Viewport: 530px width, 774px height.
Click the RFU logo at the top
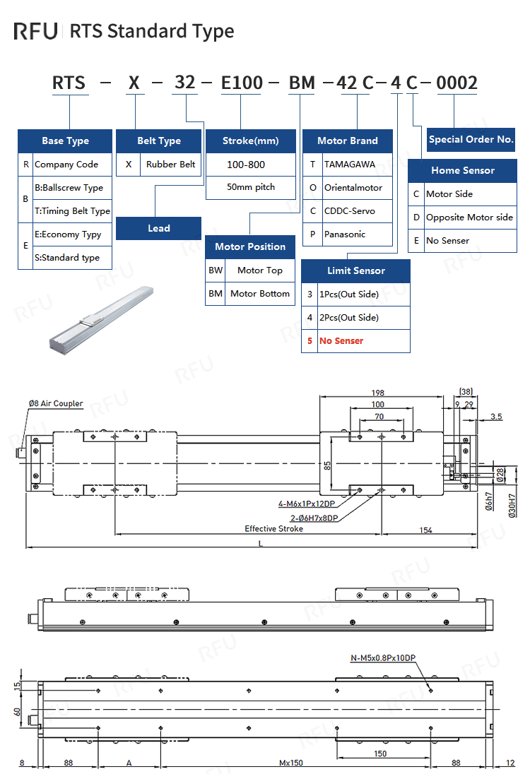point(36,31)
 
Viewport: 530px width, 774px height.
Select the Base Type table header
point(65,141)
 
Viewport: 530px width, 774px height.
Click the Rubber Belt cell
point(171,164)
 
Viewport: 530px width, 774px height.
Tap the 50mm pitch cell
point(250,187)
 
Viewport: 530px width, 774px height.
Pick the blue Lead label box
point(159,228)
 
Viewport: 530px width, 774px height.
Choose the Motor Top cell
point(259,270)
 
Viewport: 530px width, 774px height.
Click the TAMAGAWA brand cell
point(350,164)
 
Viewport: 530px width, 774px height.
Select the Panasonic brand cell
point(345,234)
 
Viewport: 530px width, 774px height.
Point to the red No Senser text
point(341,340)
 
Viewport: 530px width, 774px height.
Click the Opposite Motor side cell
point(469,217)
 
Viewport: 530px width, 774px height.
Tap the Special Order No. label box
point(471,139)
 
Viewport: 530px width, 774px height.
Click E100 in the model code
point(242,83)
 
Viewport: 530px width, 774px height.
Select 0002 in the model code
point(457,83)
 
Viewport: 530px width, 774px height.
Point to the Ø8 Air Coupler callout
point(56,403)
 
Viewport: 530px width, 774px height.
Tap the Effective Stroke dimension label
point(273,528)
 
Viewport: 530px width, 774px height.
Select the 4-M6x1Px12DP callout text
point(308,504)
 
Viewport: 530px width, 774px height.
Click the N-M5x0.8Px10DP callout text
point(383,658)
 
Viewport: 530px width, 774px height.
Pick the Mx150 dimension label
point(291,763)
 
